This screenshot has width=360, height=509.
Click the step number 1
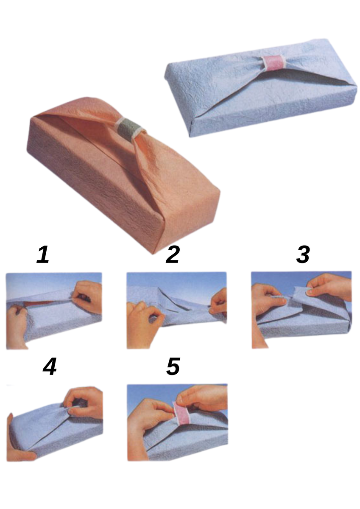click(43, 255)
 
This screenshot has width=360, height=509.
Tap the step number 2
click(173, 255)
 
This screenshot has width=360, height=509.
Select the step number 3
click(303, 255)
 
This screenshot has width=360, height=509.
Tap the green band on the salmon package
click(128, 129)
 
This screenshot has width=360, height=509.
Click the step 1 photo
click(54, 311)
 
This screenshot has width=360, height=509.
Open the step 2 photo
click(176, 310)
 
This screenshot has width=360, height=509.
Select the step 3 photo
click(301, 310)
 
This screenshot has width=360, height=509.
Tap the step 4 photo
click(55, 423)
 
